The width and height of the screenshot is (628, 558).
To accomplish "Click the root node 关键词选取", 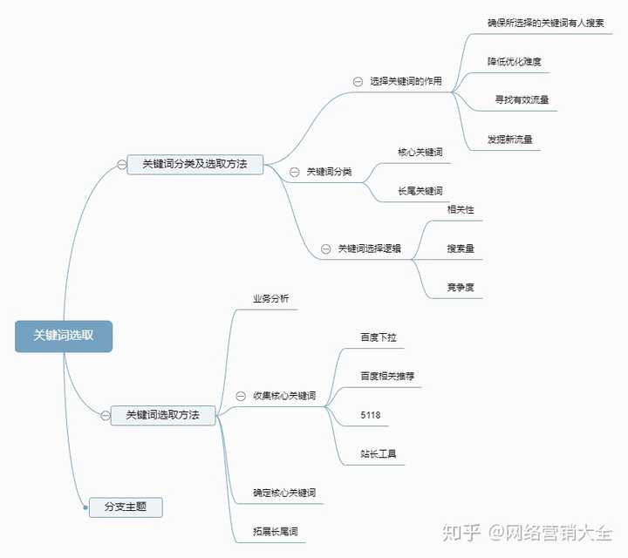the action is pos(64,337).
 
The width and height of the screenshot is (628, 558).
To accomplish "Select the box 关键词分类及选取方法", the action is pos(195,164).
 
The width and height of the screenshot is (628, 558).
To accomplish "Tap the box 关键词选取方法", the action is pos(163,415).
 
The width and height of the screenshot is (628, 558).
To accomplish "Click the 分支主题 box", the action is pos(126,507).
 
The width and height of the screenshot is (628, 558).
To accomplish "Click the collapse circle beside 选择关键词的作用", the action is pos(358,82).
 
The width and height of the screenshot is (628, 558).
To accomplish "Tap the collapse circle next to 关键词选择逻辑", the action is pos(326,249).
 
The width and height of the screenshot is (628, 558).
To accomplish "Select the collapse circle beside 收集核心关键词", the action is pos(241,396).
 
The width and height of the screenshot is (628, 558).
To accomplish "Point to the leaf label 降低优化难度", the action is pos(515,62).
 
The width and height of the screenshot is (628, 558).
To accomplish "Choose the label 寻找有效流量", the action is pos(522,99).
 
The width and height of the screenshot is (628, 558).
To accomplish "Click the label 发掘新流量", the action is pos(510,139).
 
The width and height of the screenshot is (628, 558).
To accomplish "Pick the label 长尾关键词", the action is pos(420,191).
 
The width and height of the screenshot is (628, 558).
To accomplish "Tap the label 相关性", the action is pos(461,209).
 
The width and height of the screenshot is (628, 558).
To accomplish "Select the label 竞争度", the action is pos(461,287).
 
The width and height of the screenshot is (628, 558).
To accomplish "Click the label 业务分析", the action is pos(270,298).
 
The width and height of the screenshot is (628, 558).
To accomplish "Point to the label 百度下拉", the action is pos(379,337).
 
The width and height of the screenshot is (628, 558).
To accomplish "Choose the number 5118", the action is pos(371,415).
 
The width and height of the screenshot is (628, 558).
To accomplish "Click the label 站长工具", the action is pos(379,454).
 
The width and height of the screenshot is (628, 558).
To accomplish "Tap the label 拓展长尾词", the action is pos(275,532).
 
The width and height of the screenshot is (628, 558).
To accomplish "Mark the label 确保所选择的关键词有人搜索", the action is pos(545,23).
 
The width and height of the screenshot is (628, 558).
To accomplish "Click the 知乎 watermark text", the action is pos(461,533).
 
